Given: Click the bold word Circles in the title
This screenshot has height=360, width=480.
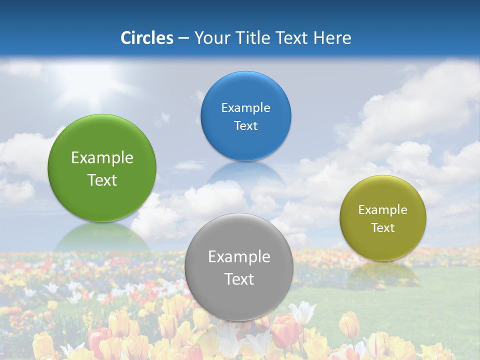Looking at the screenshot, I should [147, 38].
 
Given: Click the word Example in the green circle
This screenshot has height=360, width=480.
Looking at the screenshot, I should [102, 158].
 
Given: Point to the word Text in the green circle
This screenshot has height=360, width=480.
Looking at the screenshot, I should [102, 180].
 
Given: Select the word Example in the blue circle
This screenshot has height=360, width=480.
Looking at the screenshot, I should [246, 108].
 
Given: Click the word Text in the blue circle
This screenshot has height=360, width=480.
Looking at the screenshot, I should [246, 125].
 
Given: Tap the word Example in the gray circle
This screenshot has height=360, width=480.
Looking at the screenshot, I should [239, 257].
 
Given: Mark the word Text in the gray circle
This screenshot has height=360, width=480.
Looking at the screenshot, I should [239, 279].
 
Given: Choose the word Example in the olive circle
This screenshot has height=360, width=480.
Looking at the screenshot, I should [383, 210].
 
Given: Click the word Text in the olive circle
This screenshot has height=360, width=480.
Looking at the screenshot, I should [383, 227].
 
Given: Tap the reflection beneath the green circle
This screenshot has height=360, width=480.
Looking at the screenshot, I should [102, 237].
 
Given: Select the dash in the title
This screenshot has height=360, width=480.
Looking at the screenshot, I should [183, 38].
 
